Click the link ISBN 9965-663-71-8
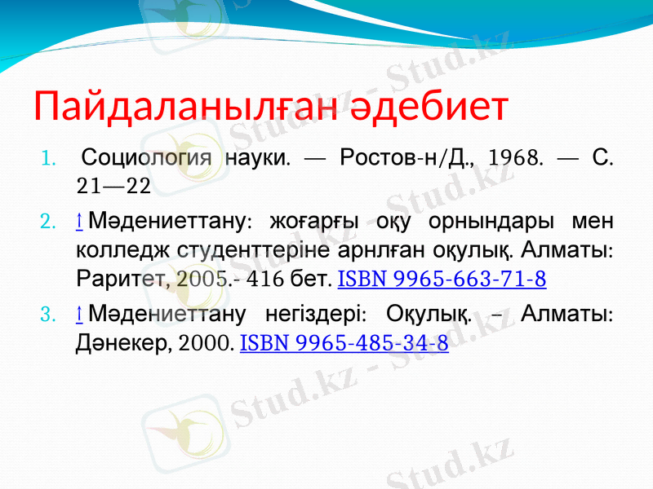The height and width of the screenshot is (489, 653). click(442, 280)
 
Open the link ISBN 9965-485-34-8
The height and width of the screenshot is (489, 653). click(344, 343)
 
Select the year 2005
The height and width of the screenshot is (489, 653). click(203, 280)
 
